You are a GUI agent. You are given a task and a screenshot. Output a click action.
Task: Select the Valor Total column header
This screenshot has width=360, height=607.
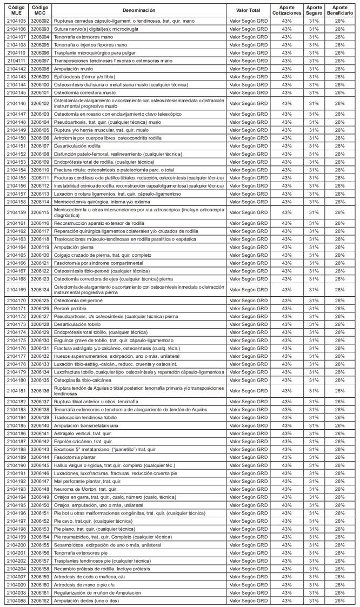[x=249, y=10]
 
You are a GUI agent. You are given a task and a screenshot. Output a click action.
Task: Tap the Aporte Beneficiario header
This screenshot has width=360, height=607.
[x=339, y=10]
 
